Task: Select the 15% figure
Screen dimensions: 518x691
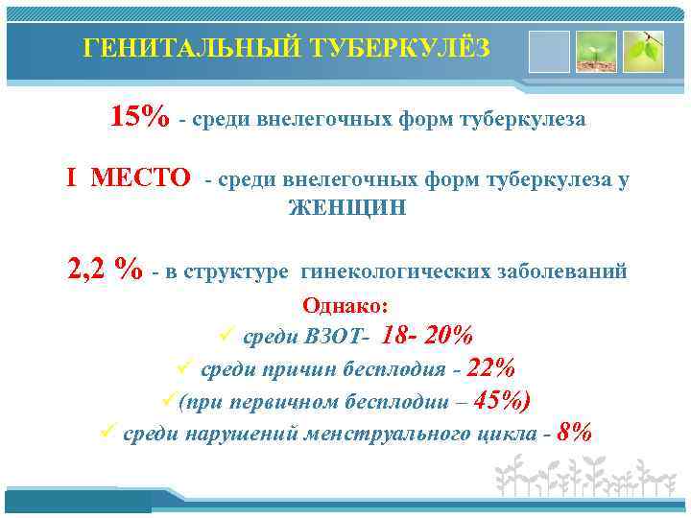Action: [140, 117]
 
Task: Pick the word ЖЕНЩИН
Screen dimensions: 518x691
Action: [347, 208]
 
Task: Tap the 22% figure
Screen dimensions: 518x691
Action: [490, 368]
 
